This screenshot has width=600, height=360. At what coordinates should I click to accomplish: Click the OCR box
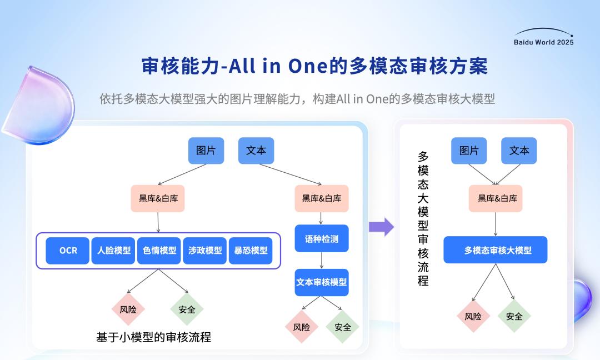(x=67, y=251)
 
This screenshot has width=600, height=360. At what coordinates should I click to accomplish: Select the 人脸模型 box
(x=113, y=251)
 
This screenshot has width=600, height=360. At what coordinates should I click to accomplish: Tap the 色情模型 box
(x=159, y=251)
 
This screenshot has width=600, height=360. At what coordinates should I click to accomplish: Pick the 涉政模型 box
(x=204, y=251)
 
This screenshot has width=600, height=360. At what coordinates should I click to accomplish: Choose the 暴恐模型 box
(x=251, y=251)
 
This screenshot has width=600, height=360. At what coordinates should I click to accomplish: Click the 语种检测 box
(x=322, y=238)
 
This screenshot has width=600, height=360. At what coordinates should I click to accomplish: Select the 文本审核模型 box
(x=322, y=282)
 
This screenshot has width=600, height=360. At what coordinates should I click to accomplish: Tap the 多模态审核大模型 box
(x=496, y=250)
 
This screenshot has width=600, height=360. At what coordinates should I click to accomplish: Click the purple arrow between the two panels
(x=382, y=227)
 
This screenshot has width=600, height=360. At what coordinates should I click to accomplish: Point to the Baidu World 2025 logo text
(x=543, y=42)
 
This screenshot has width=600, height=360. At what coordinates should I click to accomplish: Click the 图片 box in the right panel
(x=469, y=151)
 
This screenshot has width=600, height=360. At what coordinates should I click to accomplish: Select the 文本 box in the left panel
(x=256, y=151)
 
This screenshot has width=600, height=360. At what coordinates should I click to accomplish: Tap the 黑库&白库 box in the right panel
(x=496, y=198)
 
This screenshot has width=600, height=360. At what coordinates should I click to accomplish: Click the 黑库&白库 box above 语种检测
(x=322, y=198)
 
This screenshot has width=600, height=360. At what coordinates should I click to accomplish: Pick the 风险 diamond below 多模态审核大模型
(x=473, y=316)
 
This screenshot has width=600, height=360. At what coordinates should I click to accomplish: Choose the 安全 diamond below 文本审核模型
(x=342, y=327)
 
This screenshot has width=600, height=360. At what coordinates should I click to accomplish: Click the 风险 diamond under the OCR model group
(x=128, y=309)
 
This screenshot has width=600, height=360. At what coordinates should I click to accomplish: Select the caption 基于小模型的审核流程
(x=153, y=337)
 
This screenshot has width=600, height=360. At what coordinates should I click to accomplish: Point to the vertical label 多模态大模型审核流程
(x=423, y=219)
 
